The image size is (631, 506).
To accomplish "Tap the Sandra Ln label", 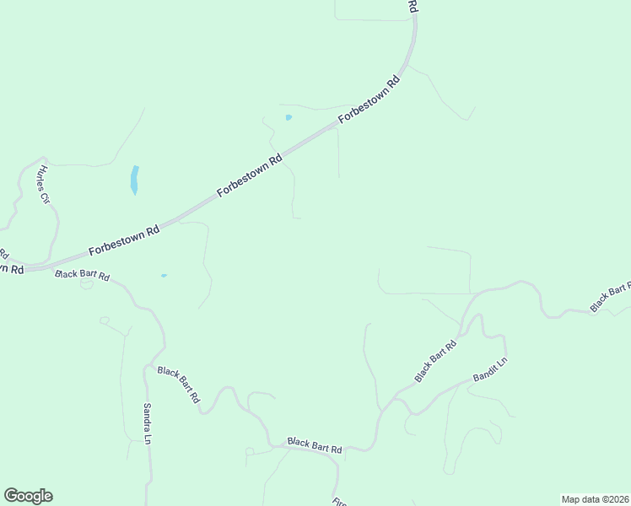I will click(147, 423).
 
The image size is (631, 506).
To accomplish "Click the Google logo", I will click(28, 496).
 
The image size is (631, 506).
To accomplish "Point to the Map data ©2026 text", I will click(595, 499).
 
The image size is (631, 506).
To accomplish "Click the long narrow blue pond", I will click(134, 180).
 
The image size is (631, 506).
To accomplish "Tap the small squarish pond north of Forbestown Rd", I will click(289, 117).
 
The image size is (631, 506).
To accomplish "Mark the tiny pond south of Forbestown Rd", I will click(164, 275).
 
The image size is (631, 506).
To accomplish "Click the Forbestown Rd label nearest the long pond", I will click(124, 240).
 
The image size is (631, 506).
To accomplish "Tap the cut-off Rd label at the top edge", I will click(413, 6).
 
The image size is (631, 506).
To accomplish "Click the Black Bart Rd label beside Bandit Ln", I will click(435, 360).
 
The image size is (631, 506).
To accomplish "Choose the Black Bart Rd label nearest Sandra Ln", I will click(179, 384).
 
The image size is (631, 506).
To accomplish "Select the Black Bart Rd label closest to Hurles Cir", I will click(82, 275).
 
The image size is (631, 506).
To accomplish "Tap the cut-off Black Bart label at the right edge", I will click(610, 297).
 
